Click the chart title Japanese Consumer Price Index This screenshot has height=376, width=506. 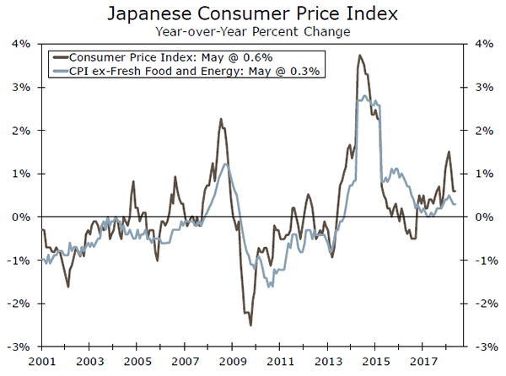(252, 14)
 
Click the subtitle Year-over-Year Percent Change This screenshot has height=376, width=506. (252, 31)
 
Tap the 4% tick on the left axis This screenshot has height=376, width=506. (20, 44)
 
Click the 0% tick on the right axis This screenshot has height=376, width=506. (484, 217)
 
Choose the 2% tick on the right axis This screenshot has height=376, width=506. (484, 131)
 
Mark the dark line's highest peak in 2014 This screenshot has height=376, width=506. (360, 56)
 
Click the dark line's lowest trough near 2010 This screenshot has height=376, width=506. (250, 324)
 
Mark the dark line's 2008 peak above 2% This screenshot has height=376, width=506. (221, 119)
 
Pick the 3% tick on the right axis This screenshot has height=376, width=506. (484, 87)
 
